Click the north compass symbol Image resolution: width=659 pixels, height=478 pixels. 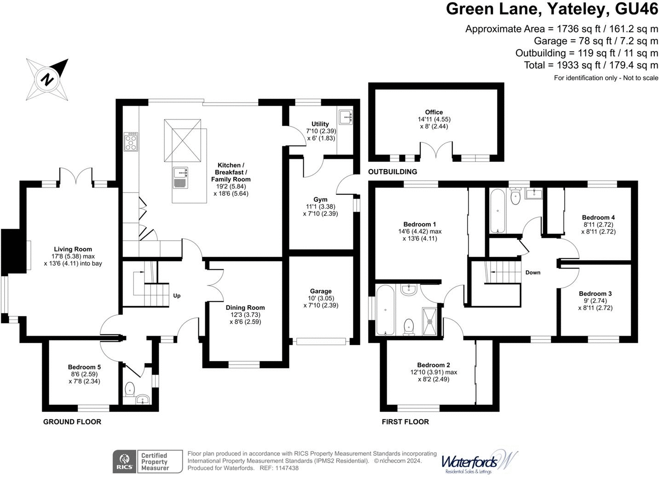point(47,79)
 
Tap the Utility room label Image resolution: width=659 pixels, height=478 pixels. point(320,124)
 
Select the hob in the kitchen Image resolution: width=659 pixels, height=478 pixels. point(131,142)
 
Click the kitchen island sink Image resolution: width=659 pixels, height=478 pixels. point(180,178)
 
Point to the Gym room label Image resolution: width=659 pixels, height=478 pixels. point(320,199)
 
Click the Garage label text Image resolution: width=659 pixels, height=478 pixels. point(321,291)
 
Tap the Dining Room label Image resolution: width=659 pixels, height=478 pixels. point(245,307)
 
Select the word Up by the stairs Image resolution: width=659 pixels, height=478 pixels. point(177,296)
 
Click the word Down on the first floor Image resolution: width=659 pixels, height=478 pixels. point(533,273)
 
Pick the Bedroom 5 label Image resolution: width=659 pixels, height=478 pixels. point(84,367)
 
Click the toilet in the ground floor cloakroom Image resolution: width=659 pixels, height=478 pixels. point(130,389)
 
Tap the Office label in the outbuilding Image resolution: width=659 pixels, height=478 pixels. point(434,112)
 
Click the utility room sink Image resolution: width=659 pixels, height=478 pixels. point(346,117)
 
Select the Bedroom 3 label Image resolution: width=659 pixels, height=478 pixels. point(595,294)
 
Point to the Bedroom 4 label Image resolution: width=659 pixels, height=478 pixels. point(598,217)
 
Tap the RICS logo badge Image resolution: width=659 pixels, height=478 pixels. point(124,461)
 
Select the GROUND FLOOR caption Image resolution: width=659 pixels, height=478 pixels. point(72,422)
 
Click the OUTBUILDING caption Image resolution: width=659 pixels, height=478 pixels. point(393,172)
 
